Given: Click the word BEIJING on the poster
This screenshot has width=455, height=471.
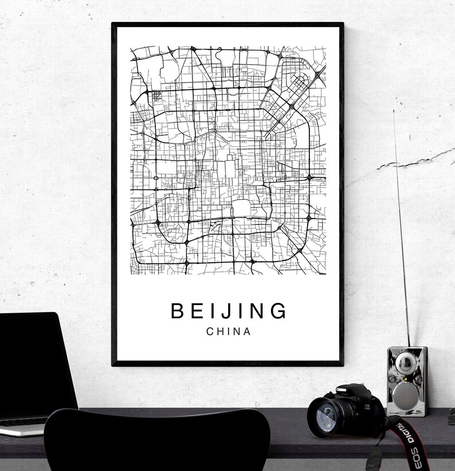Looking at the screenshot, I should [229, 311].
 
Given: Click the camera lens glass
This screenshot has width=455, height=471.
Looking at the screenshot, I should [325, 416].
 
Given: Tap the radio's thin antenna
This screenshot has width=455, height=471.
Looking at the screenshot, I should [401, 229].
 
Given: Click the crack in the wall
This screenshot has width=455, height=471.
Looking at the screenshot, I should [401, 164].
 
